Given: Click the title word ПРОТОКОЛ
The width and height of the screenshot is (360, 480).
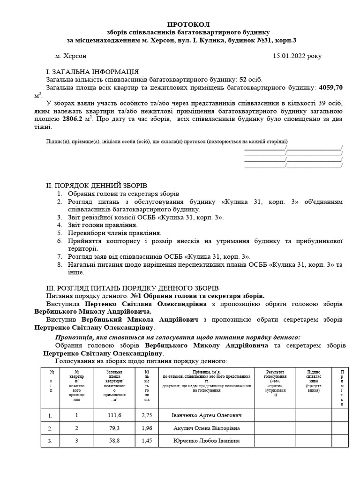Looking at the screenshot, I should tap(189, 24).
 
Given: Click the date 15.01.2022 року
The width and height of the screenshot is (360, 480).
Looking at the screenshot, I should tap(297, 56).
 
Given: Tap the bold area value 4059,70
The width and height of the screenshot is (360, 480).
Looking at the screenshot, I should tap(330, 87).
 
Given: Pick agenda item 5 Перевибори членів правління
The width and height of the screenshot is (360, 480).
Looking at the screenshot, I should tap(115, 233).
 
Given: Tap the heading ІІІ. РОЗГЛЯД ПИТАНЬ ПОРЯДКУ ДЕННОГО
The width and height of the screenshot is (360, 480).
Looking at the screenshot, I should tap(132, 288).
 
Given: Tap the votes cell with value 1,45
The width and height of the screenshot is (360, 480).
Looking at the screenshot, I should tap(147, 441).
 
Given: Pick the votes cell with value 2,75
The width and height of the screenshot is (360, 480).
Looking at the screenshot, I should tap(147, 415).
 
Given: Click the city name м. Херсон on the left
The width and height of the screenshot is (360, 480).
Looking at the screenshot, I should tap(71, 56).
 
